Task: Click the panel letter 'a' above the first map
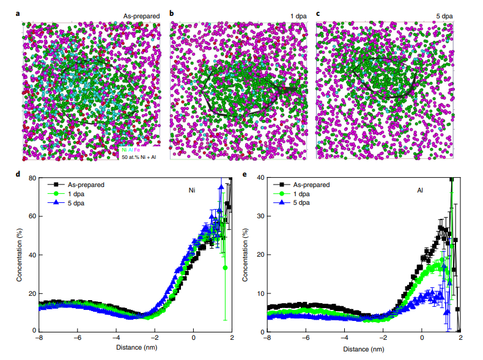pos(24,13)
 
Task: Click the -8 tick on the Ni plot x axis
pos(39,337)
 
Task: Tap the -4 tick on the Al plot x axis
pos(345,337)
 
